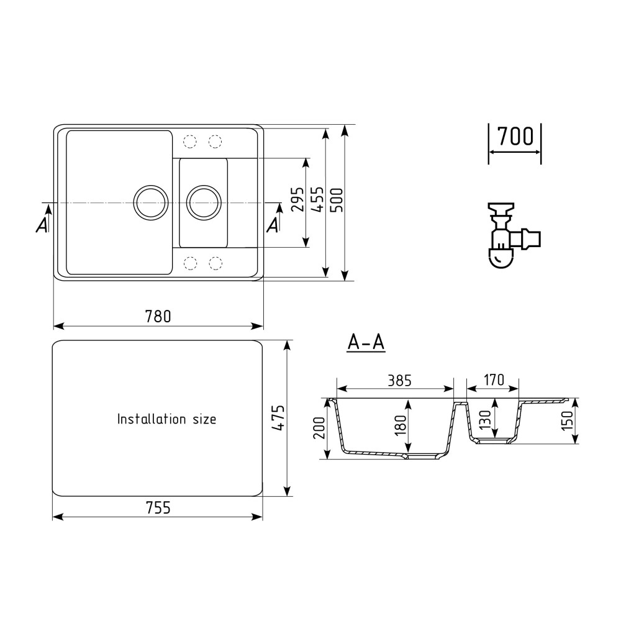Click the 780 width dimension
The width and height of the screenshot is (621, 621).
tap(158, 317)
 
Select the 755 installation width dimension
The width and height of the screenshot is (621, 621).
tap(158, 508)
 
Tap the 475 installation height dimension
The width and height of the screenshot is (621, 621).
tap(279, 418)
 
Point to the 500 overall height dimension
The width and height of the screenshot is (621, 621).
tap(337, 200)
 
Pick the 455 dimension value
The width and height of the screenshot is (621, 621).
tap(317, 200)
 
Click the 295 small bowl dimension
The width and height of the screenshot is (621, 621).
tap(298, 199)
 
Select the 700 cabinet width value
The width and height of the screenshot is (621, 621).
tap(515, 137)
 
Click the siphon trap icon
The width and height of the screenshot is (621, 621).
tap(514, 235)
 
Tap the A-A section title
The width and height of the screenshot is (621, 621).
tap(366, 343)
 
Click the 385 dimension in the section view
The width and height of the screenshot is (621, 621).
tap(399, 381)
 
